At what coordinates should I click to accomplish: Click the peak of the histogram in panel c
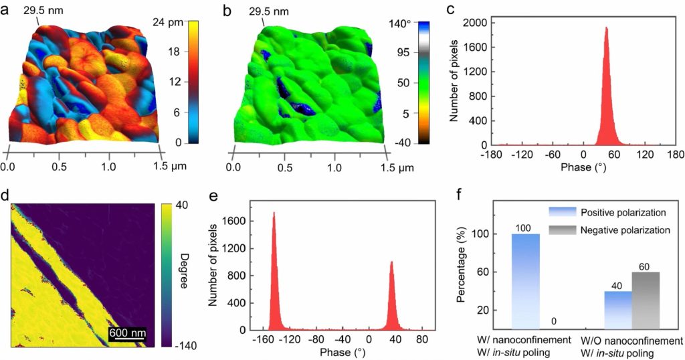point(606,28)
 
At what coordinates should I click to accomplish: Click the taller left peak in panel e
point(274,214)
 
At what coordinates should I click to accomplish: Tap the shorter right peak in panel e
point(391,262)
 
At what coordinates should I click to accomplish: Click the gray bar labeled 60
point(646,300)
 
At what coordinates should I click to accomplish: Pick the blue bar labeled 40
point(617,310)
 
